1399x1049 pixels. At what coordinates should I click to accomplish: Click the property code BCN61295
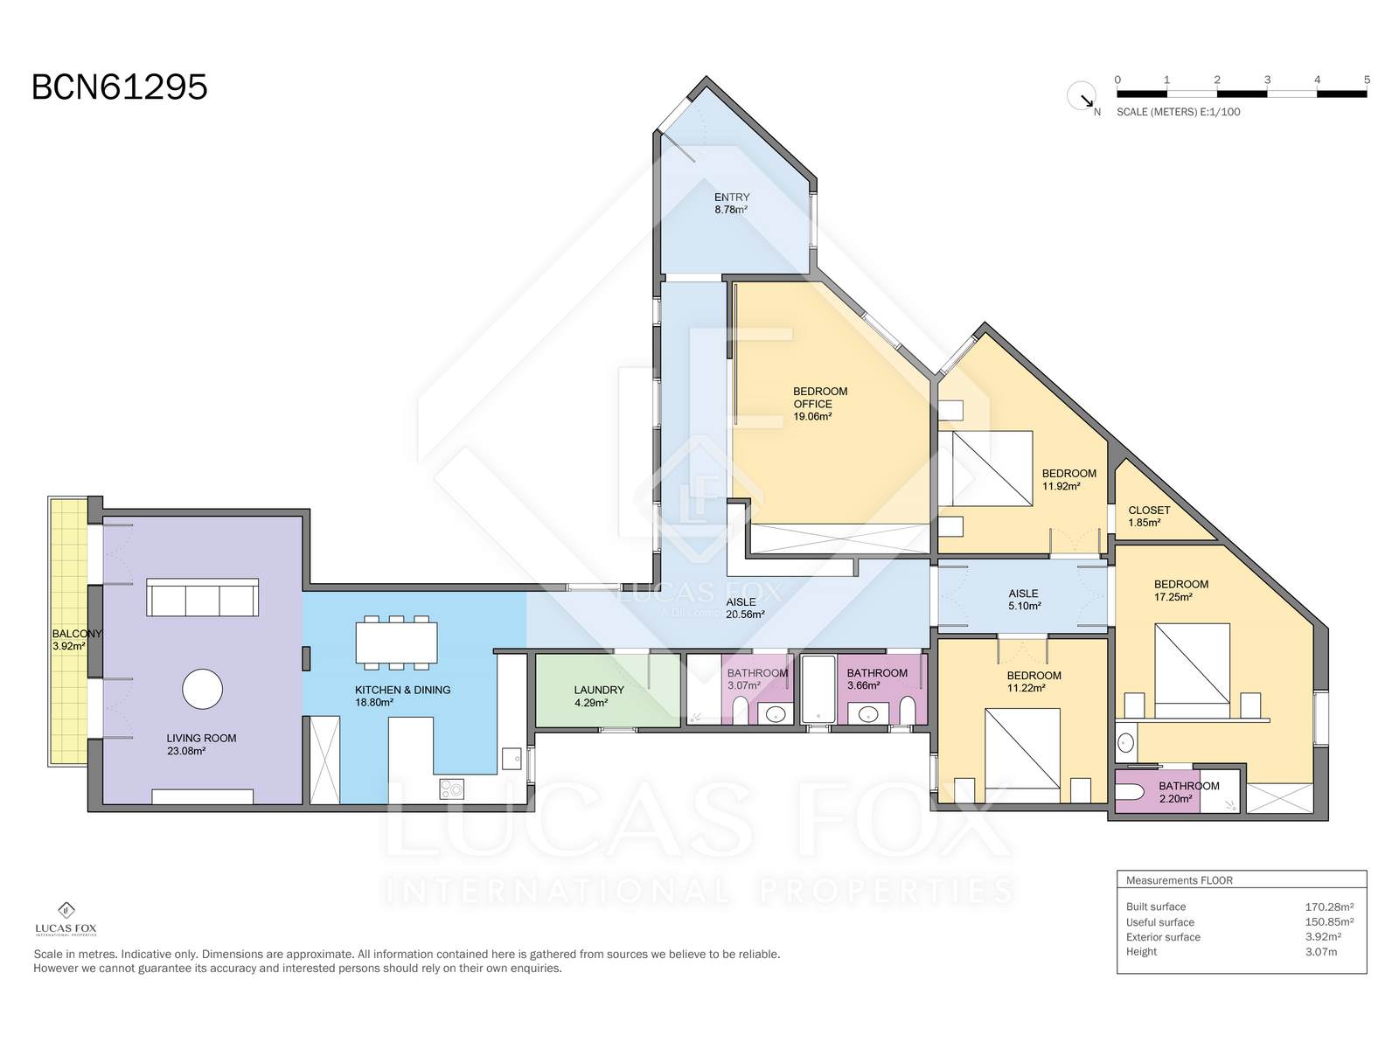(x=119, y=87)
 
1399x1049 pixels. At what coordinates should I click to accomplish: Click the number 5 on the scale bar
(x=1367, y=80)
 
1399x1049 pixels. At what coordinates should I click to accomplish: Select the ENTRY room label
(x=731, y=197)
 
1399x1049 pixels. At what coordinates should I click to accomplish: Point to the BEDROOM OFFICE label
(x=819, y=398)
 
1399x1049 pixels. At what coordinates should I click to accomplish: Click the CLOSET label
(x=1149, y=510)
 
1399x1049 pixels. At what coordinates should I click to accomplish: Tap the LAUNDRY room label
(x=598, y=689)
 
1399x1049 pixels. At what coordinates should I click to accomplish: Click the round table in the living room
(x=202, y=689)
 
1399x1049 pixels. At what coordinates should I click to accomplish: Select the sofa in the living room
(x=202, y=597)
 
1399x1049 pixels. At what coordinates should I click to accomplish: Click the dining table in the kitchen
(x=396, y=642)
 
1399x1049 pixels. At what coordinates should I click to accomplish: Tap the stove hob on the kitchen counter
(x=451, y=789)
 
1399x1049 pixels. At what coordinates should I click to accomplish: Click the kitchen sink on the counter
(x=511, y=758)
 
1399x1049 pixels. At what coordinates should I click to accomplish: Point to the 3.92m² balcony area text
(x=68, y=646)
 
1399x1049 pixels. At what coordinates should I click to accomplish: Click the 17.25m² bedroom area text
(x=1173, y=597)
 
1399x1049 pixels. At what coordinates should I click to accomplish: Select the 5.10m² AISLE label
(x=1024, y=600)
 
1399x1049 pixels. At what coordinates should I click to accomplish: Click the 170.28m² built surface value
(x=1329, y=907)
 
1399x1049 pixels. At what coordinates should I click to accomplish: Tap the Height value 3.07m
(x=1320, y=952)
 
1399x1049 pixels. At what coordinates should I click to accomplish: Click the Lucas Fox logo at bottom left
(x=66, y=919)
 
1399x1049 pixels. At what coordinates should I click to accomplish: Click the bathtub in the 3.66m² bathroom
(x=818, y=689)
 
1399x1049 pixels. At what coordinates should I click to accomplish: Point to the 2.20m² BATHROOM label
(x=1188, y=792)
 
